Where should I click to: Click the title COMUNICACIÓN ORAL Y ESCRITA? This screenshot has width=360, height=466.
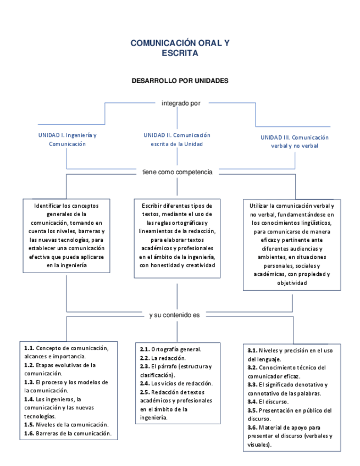point(180,48)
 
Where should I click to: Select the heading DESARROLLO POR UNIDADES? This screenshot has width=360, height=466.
point(180,80)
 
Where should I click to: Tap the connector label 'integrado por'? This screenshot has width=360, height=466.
point(180,103)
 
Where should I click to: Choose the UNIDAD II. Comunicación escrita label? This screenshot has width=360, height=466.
point(177,139)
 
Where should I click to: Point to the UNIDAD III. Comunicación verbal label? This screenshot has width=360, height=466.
point(294,142)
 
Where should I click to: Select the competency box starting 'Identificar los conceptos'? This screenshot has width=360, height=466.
point(67,235)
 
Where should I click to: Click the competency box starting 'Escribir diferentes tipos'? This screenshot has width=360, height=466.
point(177,235)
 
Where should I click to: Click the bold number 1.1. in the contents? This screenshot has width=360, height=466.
point(29,348)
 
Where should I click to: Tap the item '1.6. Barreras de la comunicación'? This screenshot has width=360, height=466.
point(68,433)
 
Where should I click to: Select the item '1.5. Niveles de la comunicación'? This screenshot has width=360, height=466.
point(66,424)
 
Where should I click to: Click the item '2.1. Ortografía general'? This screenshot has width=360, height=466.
point(170,349)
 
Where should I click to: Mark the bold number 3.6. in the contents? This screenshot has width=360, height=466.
point(253,426)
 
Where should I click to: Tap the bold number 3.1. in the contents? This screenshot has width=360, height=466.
point(253,350)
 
